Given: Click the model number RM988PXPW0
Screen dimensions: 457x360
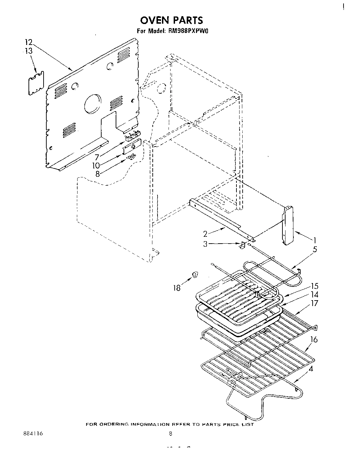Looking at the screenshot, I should pos(189,31).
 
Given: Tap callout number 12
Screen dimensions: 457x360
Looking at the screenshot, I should pos(28,43).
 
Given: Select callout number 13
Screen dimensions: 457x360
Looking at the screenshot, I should pos(28,51).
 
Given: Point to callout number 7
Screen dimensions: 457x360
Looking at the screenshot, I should pos(97,158).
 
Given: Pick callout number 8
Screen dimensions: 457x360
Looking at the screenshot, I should pos(97,174).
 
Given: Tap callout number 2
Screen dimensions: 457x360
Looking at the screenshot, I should pos(205,234).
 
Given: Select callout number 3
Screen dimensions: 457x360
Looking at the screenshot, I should pos(205,244).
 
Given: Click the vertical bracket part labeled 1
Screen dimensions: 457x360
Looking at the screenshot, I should pos(288,225).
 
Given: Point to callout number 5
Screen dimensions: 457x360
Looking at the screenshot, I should pos(315,249).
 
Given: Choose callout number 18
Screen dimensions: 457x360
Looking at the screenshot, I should pos(177,288).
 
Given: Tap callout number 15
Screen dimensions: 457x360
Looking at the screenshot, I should pos(314,286).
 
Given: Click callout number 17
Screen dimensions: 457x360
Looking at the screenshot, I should pos(314,303).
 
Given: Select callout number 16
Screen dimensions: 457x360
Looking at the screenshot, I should pos(314,340).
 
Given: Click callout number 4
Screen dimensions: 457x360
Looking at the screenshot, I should pos(311,370).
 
